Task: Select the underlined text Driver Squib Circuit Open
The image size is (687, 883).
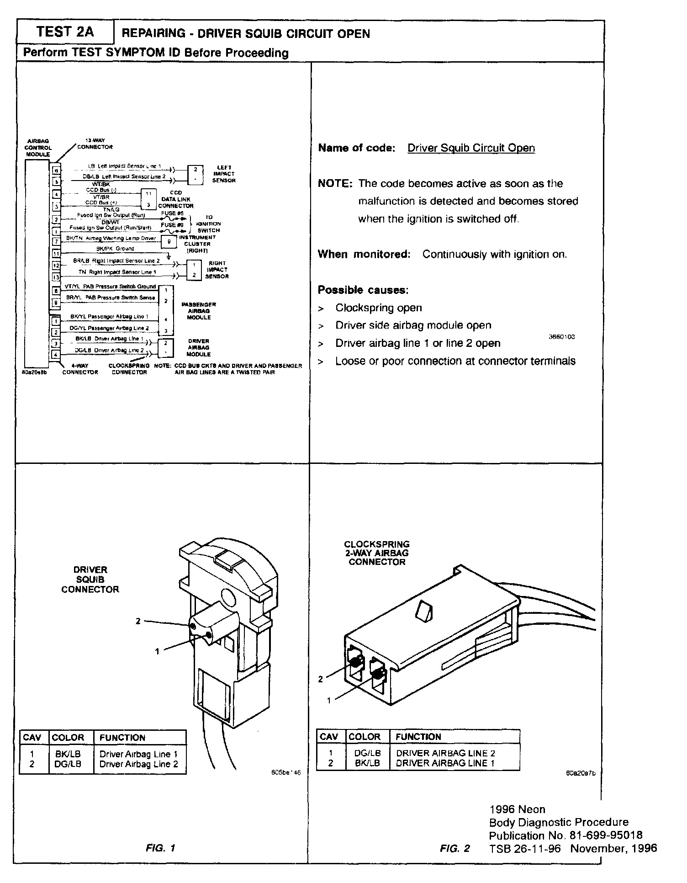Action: click(x=470, y=148)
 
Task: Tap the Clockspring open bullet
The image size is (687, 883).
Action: click(x=378, y=308)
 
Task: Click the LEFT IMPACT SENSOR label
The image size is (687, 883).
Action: click(x=224, y=174)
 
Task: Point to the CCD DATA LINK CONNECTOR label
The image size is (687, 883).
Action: click(x=176, y=199)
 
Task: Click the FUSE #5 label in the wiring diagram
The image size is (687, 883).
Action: click(x=172, y=213)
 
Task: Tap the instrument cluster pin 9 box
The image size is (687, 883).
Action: click(x=169, y=241)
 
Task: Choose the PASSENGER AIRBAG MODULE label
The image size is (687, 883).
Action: click(x=199, y=311)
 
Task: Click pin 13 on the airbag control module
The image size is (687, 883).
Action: click(x=56, y=277)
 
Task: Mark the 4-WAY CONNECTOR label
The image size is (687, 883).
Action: click(x=80, y=369)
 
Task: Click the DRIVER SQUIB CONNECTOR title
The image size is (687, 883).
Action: click(x=90, y=580)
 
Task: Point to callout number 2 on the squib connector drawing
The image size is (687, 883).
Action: click(x=138, y=621)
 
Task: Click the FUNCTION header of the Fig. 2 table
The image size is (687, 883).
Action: click(x=418, y=737)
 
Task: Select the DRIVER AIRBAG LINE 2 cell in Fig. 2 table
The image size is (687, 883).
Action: click(x=445, y=753)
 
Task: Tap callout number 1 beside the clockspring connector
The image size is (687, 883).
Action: click(x=328, y=700)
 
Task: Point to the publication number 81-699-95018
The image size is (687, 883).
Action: click(x=606, y=835)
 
